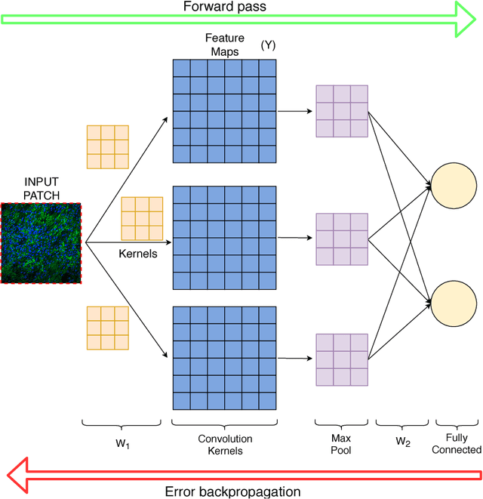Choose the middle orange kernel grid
pyautogui.click(x=142, y=217)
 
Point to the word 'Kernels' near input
pyautogui.click(x=138, y=254)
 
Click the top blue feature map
pyautogui.click(x=224, y=110)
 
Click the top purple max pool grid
pyautogui.click(x=342, y=111)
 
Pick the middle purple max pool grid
pyautogui.click(x=342, y=239)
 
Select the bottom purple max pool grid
pyautogui.click(x=342, y=359)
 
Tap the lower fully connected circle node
pyautogui.click(x=454, y=302)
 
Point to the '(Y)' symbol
pyautogui.click(x=268, y=45)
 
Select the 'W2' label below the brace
pyautogui.click(x=403, y=444)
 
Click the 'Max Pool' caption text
pyautogui.click(x=342, y=444)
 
